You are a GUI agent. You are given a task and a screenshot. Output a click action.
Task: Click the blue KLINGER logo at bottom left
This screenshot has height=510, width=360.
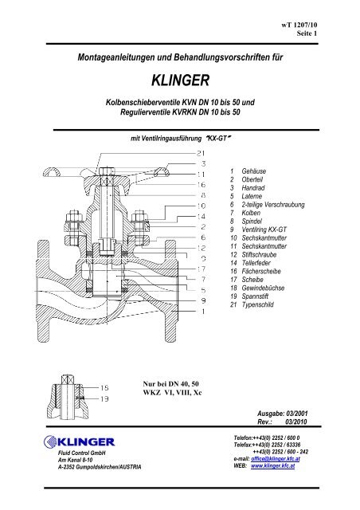pyautogui.click(x=80, y=442)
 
